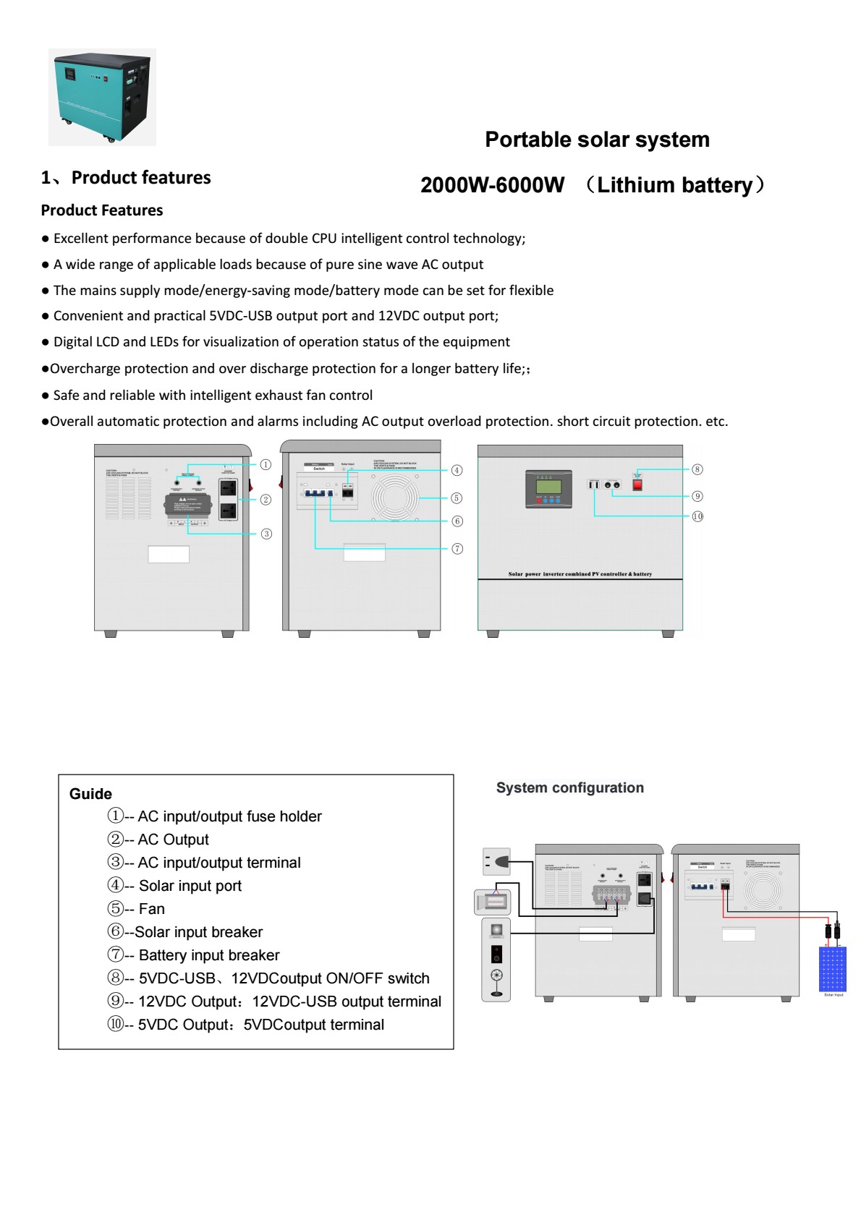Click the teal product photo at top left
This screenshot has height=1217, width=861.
(102, 97)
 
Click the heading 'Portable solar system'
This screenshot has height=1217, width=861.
(597, 140)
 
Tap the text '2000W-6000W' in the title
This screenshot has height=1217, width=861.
(492, 185)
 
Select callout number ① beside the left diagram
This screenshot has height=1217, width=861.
(266, 465)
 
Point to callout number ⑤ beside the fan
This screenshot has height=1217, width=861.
(457, 498)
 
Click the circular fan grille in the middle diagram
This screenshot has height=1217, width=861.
(395, 498)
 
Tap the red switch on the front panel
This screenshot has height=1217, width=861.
(637, 484)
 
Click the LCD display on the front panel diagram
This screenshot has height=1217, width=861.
(548, 488)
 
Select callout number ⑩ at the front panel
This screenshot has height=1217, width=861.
(697, 516)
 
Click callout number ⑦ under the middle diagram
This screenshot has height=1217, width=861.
(457, 549)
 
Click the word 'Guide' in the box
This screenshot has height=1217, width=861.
(90, 794)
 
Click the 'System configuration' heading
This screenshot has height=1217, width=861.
(569, 788)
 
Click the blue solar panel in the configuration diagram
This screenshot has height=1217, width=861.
(832, 969)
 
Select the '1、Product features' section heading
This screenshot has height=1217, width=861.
(126, 178)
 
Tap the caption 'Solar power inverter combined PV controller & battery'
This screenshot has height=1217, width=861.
(580, 574)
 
